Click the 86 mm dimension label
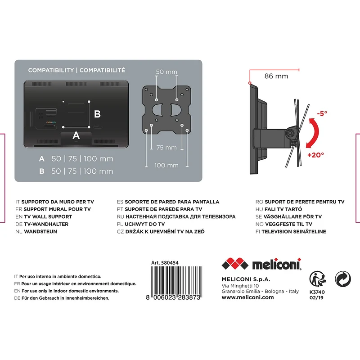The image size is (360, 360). point(276,76)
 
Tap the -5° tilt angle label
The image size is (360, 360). point(322,113)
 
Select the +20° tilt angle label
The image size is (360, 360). point(316,155)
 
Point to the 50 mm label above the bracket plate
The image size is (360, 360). point(166,72)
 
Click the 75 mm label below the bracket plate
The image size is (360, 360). point(166,148)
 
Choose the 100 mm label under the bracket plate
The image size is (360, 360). point(166,165)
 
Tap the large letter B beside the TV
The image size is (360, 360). point(97,114)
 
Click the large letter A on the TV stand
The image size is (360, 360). point(76,135)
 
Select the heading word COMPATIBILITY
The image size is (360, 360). point(51,70)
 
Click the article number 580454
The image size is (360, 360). point(170,263)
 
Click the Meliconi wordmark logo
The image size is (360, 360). point(276,264)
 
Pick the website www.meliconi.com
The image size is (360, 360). point(248,297)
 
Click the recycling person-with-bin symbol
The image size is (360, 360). point(318,279)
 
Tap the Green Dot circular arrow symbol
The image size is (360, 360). point(343,279)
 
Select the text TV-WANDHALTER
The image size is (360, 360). point(46,224)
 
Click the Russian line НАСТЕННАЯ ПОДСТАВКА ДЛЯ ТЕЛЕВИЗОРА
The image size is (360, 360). point(180,217)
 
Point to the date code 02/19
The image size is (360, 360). point(316,298)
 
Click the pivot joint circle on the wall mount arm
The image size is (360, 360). point(290,133)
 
